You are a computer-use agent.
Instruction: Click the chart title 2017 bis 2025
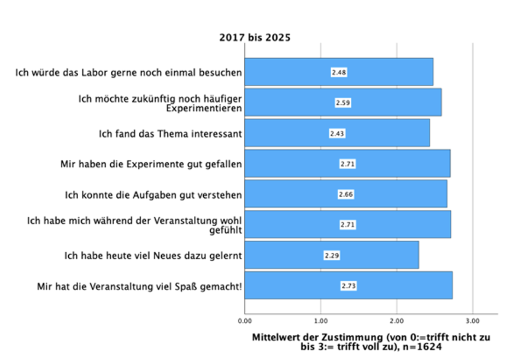coord(254,38)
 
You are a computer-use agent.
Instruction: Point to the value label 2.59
coord(343,103)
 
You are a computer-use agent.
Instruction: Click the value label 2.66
coord(346,195)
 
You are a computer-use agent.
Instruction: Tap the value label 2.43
coord(337,134)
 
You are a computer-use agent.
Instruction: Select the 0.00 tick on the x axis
coord(245,321)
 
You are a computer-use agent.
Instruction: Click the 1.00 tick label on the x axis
coord(320,321)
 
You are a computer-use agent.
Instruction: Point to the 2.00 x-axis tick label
coord(397,321)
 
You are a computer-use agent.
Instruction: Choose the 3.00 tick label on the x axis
coord(473,321)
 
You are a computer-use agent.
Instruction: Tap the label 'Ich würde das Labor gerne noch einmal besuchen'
coord(128,72)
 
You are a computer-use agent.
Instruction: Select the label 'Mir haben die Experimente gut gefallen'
coord(151,164)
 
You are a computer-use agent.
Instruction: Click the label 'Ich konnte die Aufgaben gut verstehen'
coord(153,195)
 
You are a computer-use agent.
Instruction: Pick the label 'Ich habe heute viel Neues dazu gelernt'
coord(153,255)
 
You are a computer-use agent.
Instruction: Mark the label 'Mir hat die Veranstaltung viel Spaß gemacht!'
coord(139,286)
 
